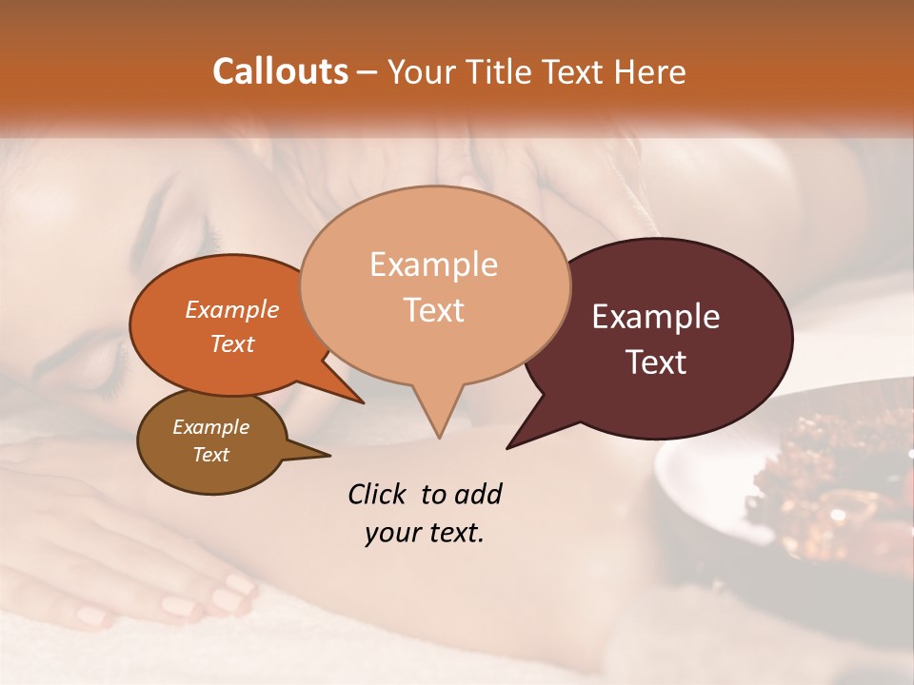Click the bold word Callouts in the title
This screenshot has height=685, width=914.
pos(280,71)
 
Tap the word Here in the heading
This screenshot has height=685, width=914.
pos(650,72)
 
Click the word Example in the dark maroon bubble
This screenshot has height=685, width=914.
pos(656,317)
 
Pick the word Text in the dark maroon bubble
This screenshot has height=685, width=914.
pos(657,362)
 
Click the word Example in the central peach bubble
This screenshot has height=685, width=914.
pos(433,264)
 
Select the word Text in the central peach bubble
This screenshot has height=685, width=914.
pos(434,310)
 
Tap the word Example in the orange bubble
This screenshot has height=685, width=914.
pos(231,310)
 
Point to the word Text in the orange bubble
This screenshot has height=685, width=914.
pos(232,344)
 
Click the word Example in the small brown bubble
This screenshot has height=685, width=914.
pos(210,427)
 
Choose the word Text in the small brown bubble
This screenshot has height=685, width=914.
pos(210,455)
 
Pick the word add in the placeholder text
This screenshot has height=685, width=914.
pos(477,495)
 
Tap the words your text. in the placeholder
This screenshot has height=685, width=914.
pos(425,533)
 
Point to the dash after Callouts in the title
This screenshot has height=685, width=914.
pos(368,72)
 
